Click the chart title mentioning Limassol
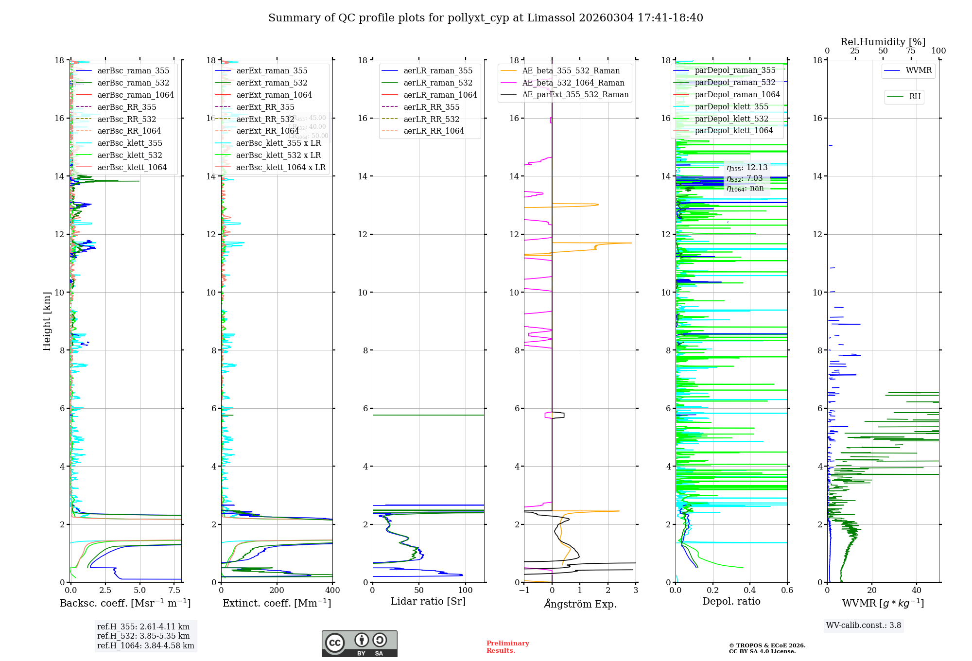486,18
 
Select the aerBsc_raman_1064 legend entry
135,95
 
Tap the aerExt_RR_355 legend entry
265,107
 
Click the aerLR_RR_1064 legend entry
434,131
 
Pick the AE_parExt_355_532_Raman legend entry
575,95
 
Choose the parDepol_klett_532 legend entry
731,119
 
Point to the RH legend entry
915,97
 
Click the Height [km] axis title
47,321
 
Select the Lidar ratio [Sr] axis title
428,601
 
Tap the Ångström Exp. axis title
580,604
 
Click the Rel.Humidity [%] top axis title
883,42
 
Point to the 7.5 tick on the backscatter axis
174,591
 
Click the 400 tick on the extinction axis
333,591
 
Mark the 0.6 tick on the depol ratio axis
787,591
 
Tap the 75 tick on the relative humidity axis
910,51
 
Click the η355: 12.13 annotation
747,168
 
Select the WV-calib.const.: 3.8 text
864,626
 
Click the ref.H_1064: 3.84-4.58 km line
145,646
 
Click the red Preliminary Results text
507,647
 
